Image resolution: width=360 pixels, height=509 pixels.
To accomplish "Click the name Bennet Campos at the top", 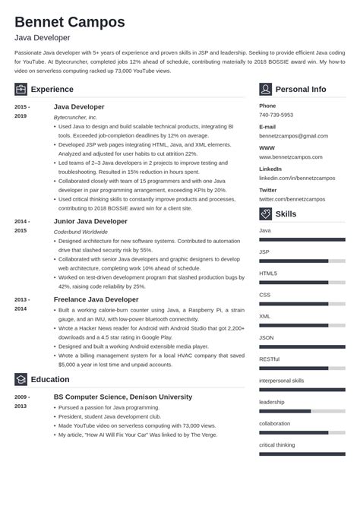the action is [69, 21].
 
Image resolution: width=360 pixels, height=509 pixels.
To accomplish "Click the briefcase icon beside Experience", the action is [21, 89].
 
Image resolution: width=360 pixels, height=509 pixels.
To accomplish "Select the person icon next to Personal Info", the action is [265, 89].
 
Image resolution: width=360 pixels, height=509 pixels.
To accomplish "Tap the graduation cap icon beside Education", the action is [21, 379].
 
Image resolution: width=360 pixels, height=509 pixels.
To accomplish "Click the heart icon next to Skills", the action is [265, 213].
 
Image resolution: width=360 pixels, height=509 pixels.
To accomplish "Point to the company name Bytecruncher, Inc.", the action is [75, 118].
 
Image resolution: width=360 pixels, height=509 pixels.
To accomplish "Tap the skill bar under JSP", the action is [302, 261].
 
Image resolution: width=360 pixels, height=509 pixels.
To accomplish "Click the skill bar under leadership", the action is [302, 411].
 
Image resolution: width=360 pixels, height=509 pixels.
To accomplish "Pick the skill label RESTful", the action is [270, 359].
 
